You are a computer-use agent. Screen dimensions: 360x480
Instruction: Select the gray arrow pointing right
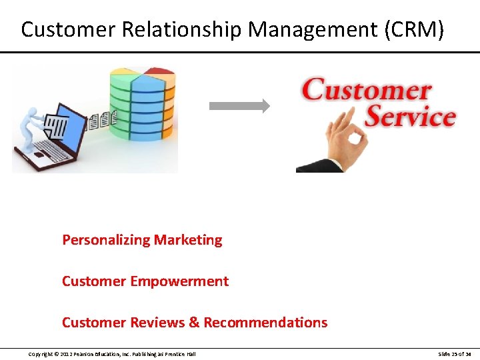[x=239, y=105]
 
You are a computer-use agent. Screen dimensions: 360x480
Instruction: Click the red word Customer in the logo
[x=367, y=90]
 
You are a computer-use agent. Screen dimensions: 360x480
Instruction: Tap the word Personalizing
[x=106, y=240]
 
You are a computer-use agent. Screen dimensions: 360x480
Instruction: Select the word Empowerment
[x=179, y=281]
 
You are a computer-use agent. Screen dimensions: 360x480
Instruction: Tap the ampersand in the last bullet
[x=195, y=323]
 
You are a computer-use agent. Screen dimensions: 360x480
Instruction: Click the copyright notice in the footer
[x=112, y=354]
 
